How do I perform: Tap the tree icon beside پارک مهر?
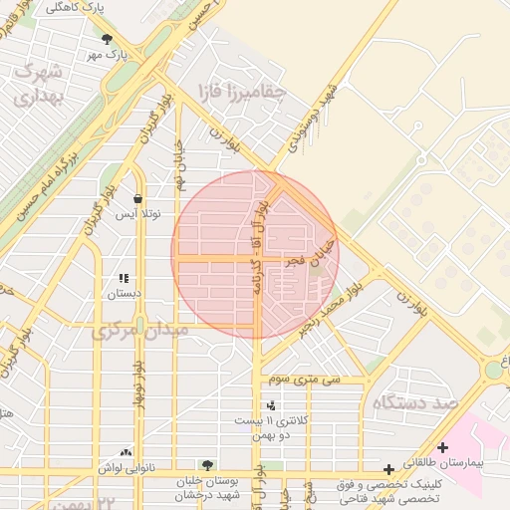click(107, 39)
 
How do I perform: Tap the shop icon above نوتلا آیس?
click(135, 199)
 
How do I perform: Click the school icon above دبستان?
click(124, 280)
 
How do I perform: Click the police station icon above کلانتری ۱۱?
click(270, 404)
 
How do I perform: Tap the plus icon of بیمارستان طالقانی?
click(442, 447)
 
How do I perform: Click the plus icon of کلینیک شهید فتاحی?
click(388, 468)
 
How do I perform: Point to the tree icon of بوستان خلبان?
click(206, 465)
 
